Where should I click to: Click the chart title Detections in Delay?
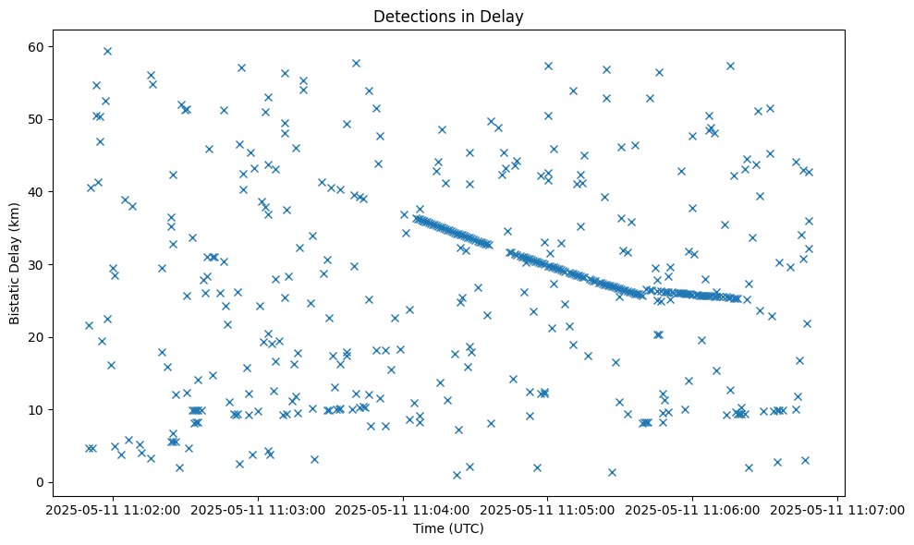click(447, 16)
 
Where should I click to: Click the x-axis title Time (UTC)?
click(447, 529)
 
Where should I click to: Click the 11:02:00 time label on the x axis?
click(114, 509)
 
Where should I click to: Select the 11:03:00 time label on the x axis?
click(259, 509)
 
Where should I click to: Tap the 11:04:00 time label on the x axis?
click(403, 509)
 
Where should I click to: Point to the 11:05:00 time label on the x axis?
click(548, 509)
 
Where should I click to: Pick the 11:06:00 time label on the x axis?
click(693, 509)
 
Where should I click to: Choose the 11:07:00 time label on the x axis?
click(837, 509)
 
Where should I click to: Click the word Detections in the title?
click(409, 16)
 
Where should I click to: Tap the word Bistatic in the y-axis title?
click(16, 296)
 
